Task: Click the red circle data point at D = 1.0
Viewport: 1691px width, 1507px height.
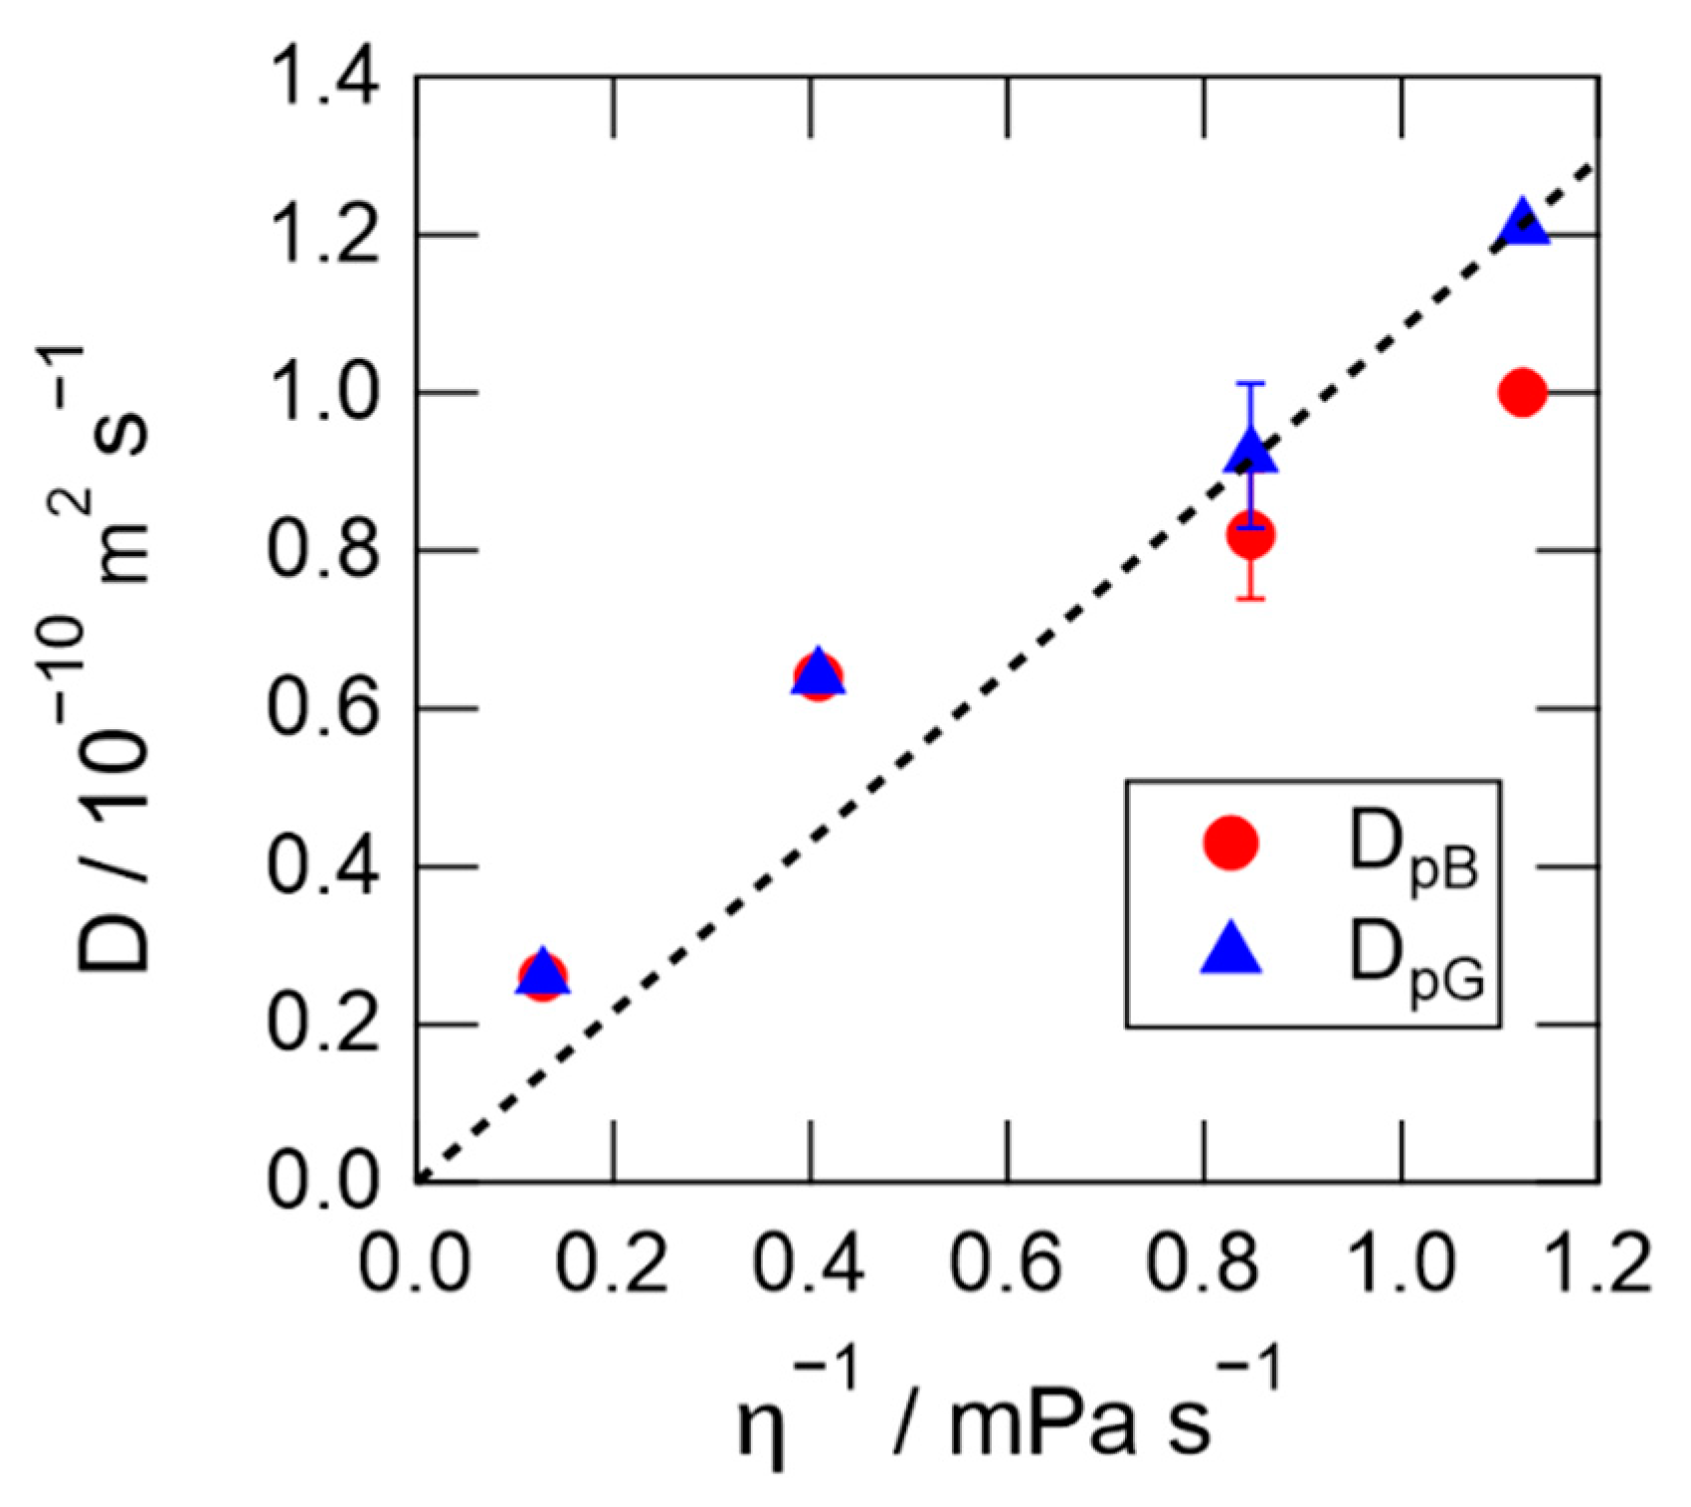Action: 1522,393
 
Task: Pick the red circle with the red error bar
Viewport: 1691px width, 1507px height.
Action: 1251,536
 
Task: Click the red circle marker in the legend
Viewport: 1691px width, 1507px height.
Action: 1231,844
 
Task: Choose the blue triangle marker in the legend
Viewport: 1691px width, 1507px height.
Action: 1231,949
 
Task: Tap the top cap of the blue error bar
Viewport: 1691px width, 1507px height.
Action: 1251,383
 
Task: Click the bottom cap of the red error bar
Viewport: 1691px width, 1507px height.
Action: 1251,599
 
